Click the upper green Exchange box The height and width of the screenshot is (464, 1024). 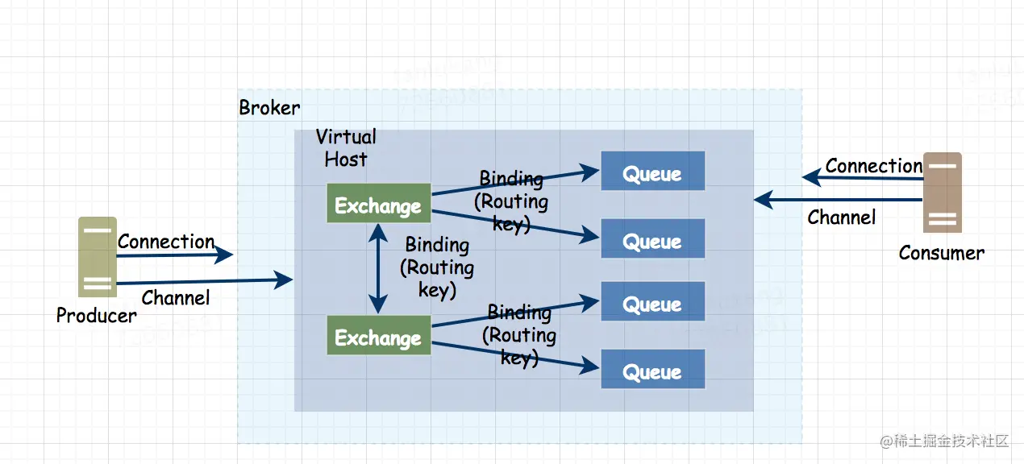[377, 205]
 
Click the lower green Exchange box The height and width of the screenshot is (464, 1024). [377, 337]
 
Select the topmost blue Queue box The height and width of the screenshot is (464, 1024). [652, 172]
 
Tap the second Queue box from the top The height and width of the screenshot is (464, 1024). [652, 239]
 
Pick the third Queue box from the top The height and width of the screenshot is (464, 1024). [652, 303]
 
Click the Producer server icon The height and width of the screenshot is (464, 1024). [98, 257]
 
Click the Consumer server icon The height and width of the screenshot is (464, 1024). [942, 192]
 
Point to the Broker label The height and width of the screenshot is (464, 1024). [269, 108]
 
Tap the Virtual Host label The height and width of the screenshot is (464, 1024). [346, 148]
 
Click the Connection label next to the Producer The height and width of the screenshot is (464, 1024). [166, 242]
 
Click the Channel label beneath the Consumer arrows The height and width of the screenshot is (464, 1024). [841, 217]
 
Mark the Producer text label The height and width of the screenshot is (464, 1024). [96, 316]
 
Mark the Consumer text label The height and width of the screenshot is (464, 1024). [941, 253]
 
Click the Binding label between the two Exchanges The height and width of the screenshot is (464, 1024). [437, 267]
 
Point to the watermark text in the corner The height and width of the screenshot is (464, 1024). [944, 441]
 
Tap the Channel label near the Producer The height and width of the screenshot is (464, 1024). [176, 298]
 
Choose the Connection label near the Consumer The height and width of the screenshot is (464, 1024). [873, 166]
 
